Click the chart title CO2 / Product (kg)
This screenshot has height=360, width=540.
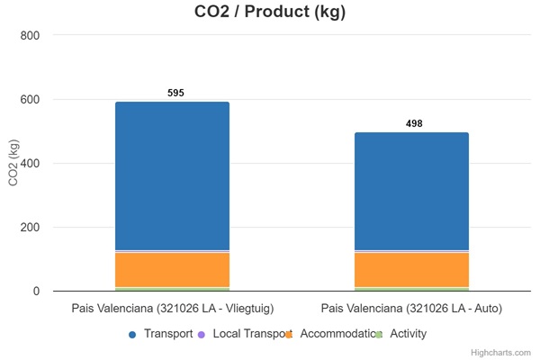[270, 13]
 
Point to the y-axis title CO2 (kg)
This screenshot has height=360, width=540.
[13, 163]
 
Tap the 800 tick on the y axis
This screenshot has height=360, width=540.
[31, 35]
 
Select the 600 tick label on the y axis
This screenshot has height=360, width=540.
[31, 99]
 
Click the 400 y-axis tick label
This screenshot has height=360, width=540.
[31, 163]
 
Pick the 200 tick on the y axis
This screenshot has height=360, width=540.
[31, 227]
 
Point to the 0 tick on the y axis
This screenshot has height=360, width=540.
[36, 291]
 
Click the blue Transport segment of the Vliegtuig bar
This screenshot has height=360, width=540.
[172, 175]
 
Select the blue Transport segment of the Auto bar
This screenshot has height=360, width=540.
[411, 191]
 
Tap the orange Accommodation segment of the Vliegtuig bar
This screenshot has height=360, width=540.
[172, 270]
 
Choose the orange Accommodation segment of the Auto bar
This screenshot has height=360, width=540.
[411, 270]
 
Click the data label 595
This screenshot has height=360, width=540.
[175, 93]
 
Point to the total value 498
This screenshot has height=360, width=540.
[414, 123]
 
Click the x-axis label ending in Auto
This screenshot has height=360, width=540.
[411, 309]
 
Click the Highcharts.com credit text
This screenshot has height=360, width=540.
[505, 353]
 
